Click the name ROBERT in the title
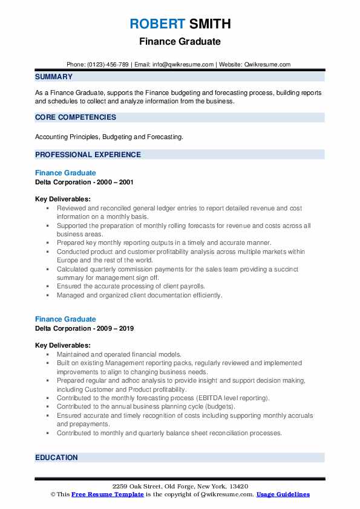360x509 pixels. coord(156,24)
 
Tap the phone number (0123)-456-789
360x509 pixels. coord(107,64)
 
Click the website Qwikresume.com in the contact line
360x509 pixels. coord(268,64)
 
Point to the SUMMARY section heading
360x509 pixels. coord(54,77)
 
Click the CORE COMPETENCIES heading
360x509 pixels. coord(76,117)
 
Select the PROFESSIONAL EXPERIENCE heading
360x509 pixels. coord(88,155)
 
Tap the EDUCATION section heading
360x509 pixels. coord(56,458)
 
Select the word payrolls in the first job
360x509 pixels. coord(191,286)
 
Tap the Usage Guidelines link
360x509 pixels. coord(283,494)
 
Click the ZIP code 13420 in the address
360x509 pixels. coord(238,487)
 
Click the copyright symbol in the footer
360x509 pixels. coord(53,494)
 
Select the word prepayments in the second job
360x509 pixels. coord(76,424)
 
